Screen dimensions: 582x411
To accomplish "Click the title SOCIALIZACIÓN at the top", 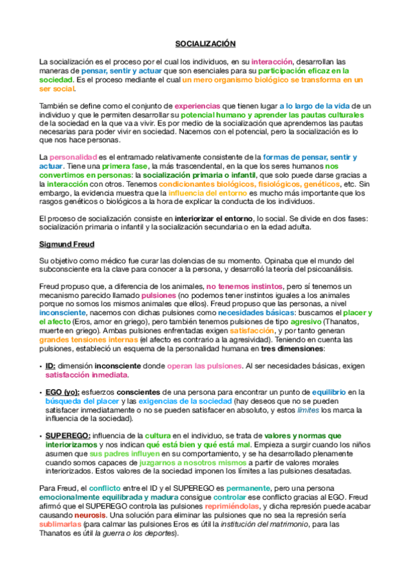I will tap(205, 44).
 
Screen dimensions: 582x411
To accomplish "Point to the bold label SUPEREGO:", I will tap(67, 434).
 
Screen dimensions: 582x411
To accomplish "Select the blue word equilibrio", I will tap(332, 392).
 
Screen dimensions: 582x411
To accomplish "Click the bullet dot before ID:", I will tap(40, 366).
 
